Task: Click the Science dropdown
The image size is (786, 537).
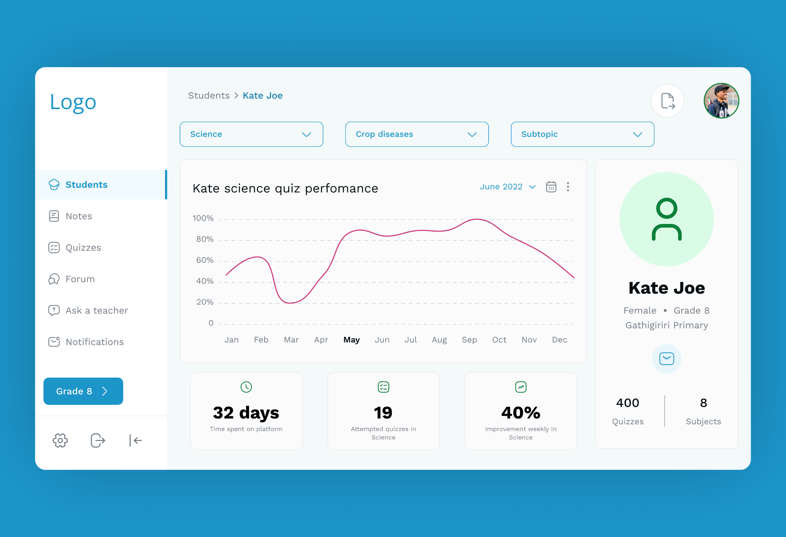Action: [x=251, y=134]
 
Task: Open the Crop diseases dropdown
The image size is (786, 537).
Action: [x=417, y=134]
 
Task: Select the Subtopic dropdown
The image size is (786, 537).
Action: [x=583, y=134]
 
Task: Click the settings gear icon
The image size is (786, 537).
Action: [x=60, y=440]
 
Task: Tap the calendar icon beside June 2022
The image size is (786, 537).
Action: [x=551, y=187]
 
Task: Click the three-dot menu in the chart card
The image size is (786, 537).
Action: [x=568, y=187]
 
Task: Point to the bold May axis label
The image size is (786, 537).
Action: [x=352, y=340]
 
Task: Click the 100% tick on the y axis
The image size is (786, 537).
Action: [x=203, y=218]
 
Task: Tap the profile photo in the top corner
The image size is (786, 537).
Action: [x=722, y=101]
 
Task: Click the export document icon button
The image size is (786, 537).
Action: [x=668, y=101]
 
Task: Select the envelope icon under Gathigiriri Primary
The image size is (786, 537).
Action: [x=667, y=358]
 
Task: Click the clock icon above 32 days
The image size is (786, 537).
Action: [x=246, y=387]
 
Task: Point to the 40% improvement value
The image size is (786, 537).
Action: [x=521, y=413]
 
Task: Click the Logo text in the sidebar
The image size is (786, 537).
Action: [x=73, y=102]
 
